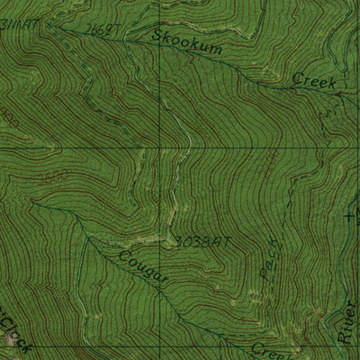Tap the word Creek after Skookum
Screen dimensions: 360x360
[314, 82]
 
